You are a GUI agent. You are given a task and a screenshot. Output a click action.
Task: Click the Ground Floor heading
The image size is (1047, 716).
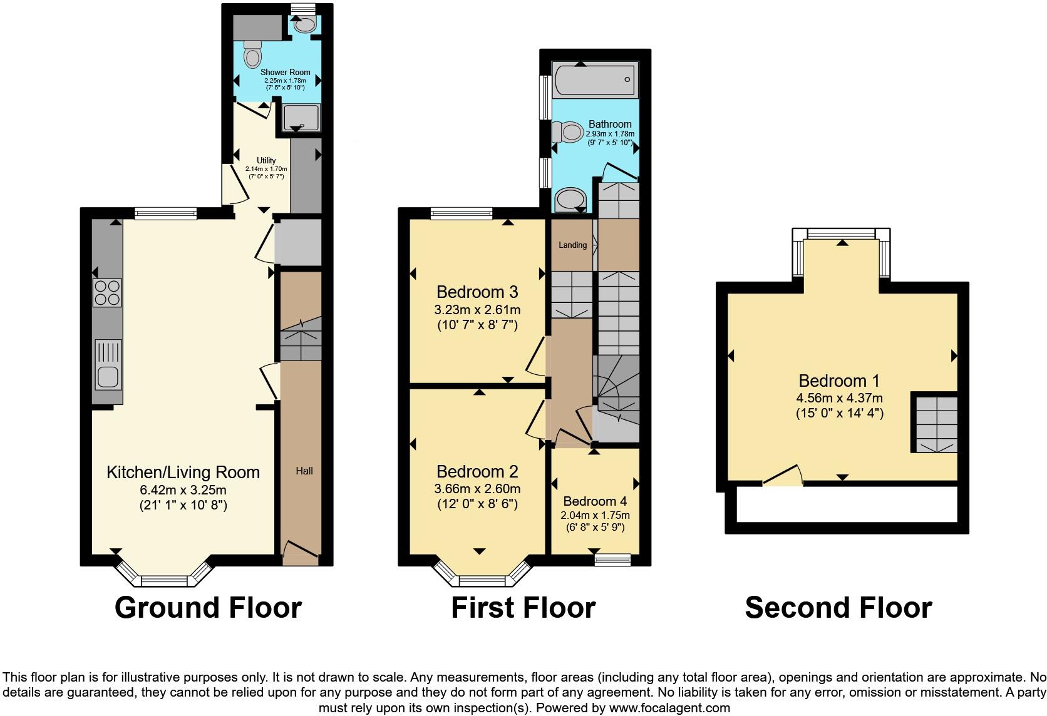pyautogui.click(x=208, y=608)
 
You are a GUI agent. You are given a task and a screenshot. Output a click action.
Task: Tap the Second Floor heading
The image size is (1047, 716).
pyautogui.click(x=838, y=608)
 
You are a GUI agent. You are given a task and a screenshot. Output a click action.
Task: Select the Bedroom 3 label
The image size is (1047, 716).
pyautogui.click(x=477, y=292)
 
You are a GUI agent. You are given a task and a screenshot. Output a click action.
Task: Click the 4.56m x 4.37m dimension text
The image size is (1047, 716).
pyautogui.click(x=839, y=398)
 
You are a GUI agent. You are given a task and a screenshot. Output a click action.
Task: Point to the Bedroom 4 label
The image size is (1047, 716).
pyautogui.click(x=594, y=501)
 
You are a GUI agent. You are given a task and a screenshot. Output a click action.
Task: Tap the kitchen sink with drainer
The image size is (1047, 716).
pyautogui.click(x=108, y=365)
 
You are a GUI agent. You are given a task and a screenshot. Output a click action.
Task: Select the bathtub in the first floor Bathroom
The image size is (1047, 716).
pyautogui.click(x=594, y=79)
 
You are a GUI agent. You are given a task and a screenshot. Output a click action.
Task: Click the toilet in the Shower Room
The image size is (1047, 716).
pyautogui.click(x=252, y=54)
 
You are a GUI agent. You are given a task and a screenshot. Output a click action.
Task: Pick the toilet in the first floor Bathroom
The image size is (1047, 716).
pyautogui.click(x=567, y=132)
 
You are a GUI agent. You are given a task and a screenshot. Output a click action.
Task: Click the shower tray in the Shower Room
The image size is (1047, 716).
pyautogui.click(x=301, y=117)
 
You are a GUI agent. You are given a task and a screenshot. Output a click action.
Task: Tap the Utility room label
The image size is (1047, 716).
pyautogui.click(x=266, y=161)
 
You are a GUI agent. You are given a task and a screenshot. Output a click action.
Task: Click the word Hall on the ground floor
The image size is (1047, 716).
pyautogui.click(x=304, y=471)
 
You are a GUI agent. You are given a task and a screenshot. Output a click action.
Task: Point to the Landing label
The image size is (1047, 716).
pyautogui.click(x=572, y=245)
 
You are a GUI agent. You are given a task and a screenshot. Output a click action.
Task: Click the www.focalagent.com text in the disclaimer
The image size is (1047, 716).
pyautogui.click(x=669, y=708)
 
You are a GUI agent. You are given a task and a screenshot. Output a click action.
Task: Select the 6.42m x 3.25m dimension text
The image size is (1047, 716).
pyautogui.click(x=183, y=489)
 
